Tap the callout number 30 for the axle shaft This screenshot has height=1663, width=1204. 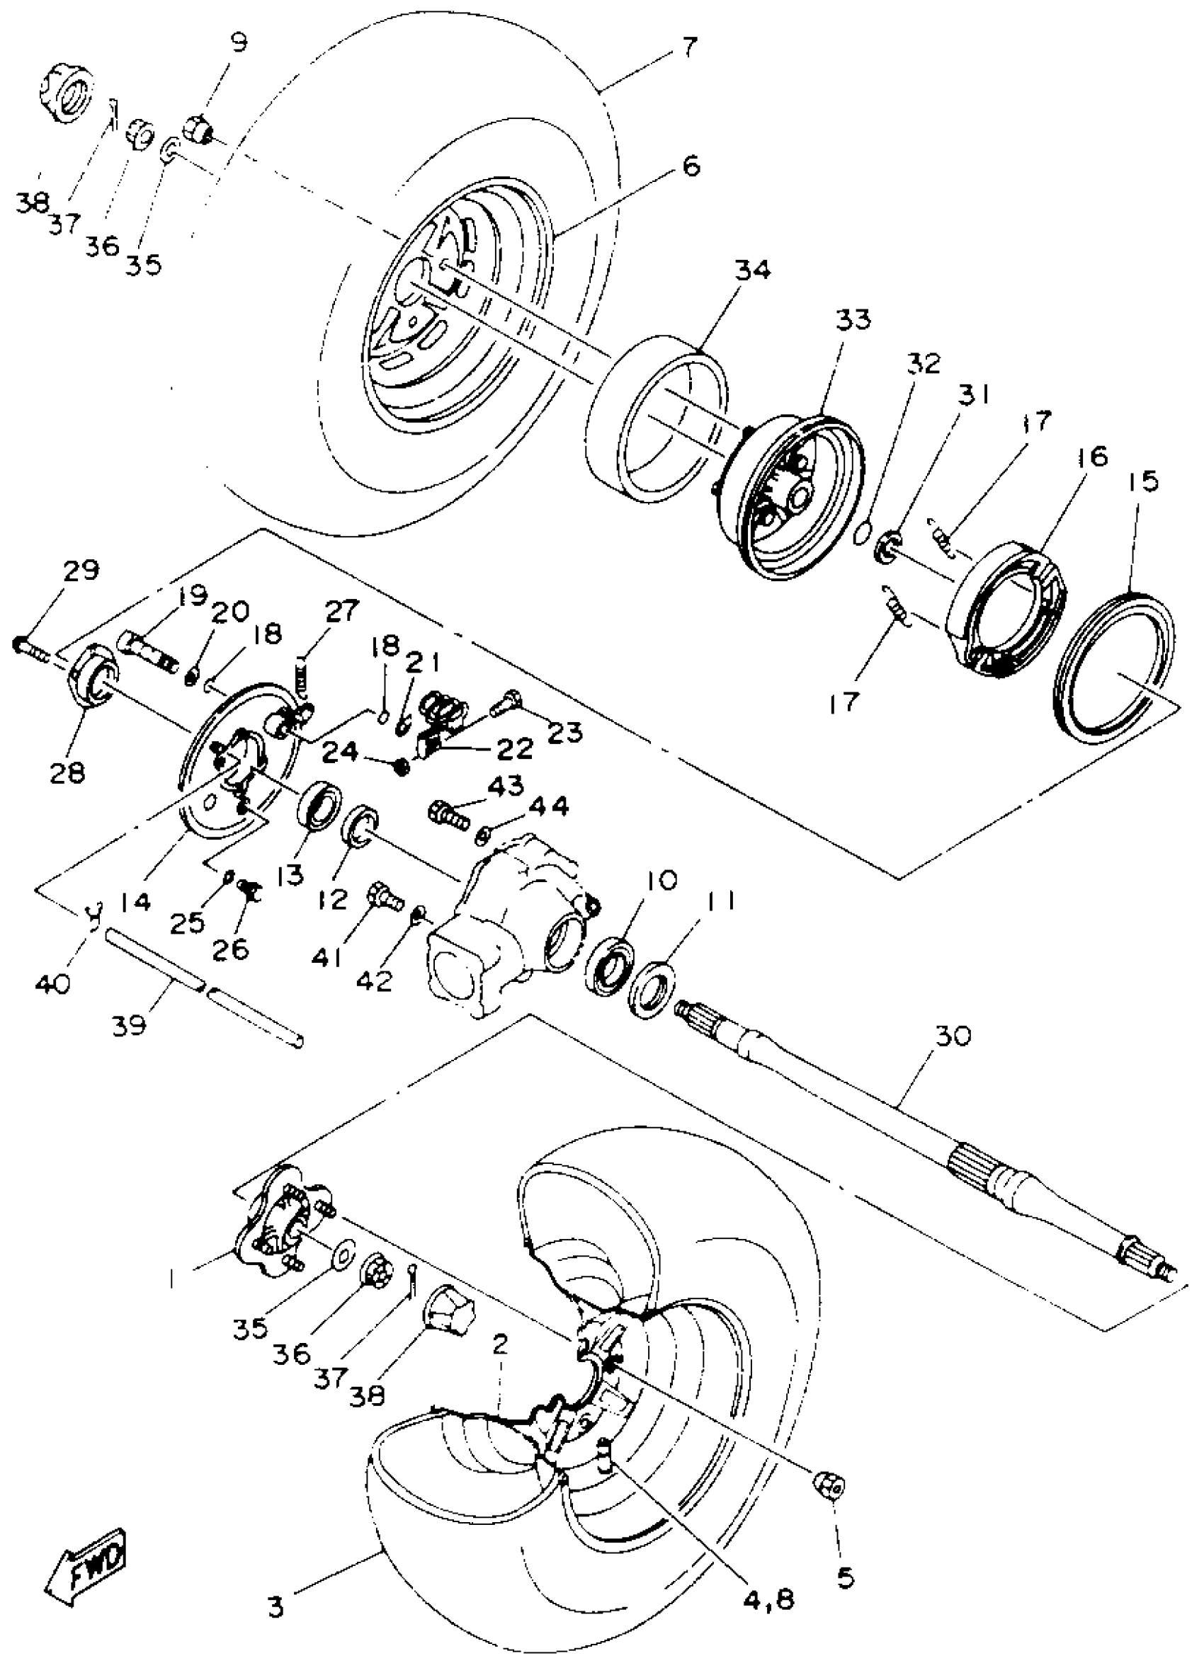pyautogui.click(x=953, y=1036)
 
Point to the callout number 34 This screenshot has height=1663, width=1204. pyautogui.click(x=753, y=271)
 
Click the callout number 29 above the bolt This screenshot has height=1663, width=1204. pyautogui.click(x=81, y=570)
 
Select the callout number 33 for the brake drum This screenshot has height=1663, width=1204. pyautogui.click(x=853, y=321)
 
